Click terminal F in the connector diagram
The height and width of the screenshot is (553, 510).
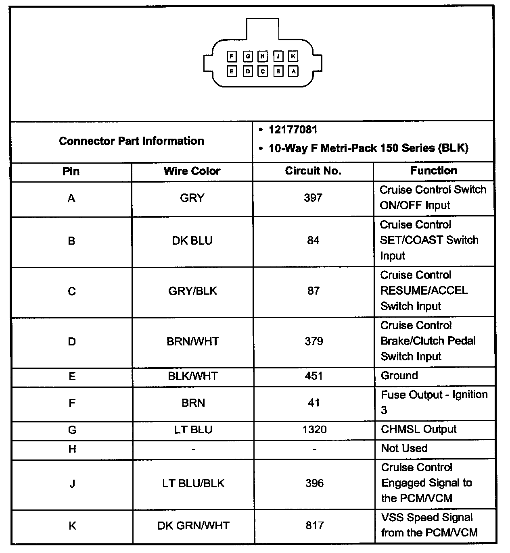point(232,56)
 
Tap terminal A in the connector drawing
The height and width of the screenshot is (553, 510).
point(293,72)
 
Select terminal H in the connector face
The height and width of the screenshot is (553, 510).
point(263,56)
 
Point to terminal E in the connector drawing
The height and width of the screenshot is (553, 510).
point(232,72)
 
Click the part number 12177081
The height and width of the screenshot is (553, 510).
point(293,130)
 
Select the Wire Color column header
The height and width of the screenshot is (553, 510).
point(192,171)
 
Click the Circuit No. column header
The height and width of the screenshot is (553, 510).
point(313,171)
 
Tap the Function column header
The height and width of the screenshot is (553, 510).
point(434,170)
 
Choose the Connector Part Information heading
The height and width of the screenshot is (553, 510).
point(132,141)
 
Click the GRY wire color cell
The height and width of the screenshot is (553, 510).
point(192,198)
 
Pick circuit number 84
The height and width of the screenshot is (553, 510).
point(313,241)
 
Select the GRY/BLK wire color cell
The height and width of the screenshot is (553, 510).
point(192,291)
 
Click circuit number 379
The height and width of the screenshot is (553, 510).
point(314,341)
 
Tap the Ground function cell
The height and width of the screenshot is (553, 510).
point(399,376)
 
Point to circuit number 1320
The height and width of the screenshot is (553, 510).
point(314,430)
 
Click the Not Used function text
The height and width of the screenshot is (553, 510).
point(404,448)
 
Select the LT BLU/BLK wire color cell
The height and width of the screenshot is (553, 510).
point(193,483)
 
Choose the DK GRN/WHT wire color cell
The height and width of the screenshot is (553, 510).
point(193,526)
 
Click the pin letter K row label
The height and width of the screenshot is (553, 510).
point(72,526)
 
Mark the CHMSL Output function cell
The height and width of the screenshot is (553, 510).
point(418,429)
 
